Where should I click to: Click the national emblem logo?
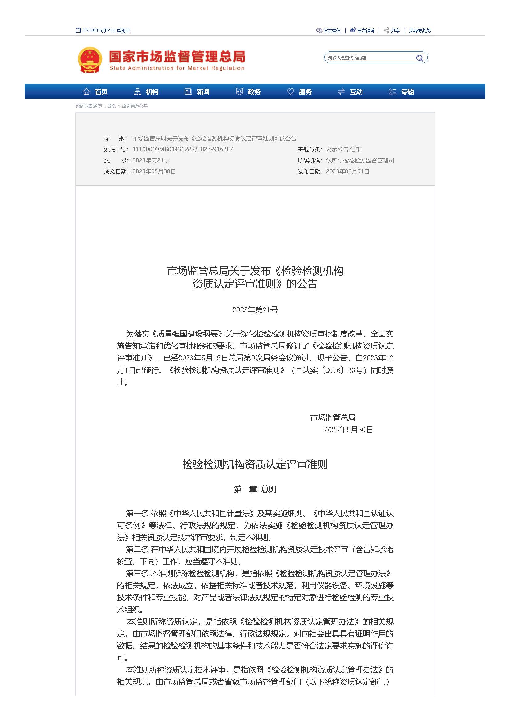point(90,60)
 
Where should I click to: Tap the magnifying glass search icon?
point(419,58)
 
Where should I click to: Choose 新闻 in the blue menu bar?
point(197,92)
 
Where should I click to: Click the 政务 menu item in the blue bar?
point(248,92)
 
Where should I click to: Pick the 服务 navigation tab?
point(299,92)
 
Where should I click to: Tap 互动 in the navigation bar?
point(350,92)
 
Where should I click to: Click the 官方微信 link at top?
point(329,30)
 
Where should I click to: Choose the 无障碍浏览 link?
point(419,30)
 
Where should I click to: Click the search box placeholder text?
point(347,58)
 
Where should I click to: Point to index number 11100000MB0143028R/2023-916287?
point(183,149)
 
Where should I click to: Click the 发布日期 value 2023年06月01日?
point(347,171)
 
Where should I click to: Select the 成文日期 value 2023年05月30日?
point(154,171)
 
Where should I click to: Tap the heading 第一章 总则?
point(255,489)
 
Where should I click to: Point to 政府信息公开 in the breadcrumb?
point(135,106)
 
